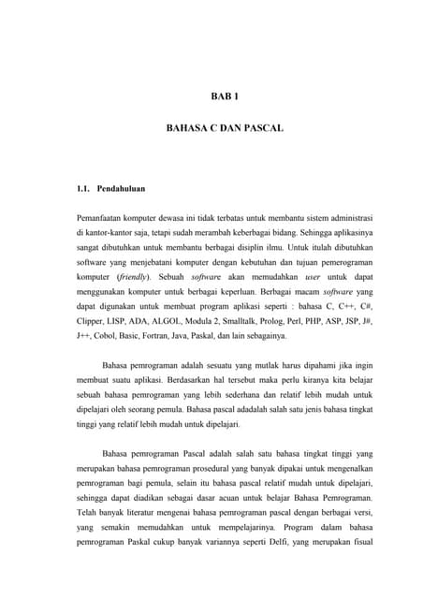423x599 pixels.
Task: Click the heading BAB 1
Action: point(224,95)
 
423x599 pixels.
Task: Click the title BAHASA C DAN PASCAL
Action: point(224,125)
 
